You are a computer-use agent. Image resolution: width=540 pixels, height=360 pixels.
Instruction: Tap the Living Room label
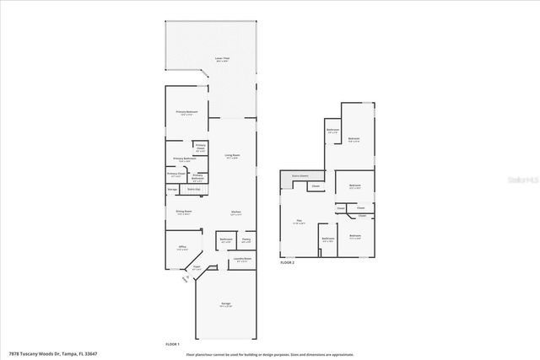(232, 156)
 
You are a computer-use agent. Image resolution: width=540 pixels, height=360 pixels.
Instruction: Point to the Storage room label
(172, 190)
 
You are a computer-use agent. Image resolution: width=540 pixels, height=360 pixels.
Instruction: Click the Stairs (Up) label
(193, 190)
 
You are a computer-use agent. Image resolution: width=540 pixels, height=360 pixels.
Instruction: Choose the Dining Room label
(183, 212)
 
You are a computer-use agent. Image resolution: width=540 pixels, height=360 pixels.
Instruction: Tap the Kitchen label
(237, 212)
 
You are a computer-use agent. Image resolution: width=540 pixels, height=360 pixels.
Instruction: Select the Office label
(181, 248)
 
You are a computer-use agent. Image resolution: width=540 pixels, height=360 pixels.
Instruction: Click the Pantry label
(246, 240)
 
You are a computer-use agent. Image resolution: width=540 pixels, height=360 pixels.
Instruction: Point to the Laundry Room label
(243, 260)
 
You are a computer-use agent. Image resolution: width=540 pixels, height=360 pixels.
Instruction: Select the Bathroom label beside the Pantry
(226, 240)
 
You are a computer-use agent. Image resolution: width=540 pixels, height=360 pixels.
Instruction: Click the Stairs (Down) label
(299, 175)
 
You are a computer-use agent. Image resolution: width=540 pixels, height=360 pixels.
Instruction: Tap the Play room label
(299, 223)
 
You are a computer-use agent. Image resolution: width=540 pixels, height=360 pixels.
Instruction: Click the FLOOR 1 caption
(173, 345)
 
